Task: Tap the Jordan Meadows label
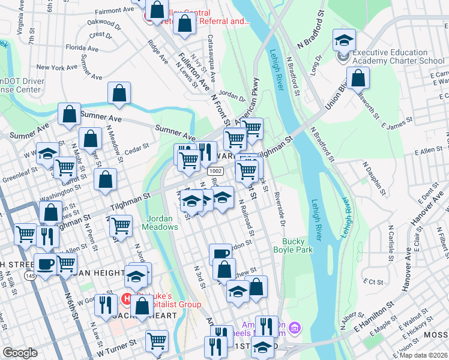160,223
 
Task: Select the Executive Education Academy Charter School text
399,56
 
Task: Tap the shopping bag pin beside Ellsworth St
358,78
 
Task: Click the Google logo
20,353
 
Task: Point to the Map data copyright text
421,355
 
